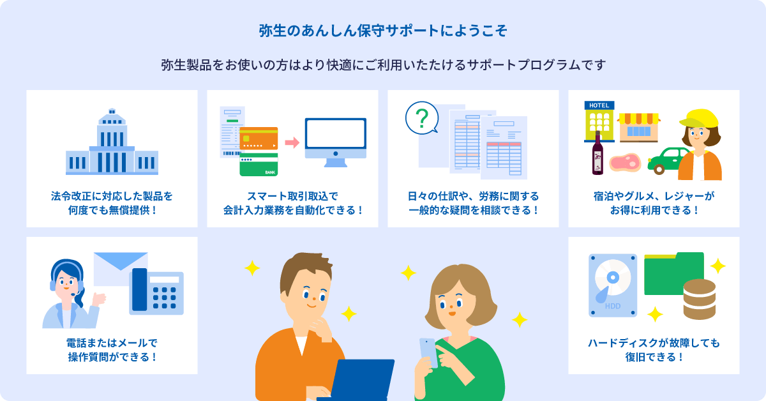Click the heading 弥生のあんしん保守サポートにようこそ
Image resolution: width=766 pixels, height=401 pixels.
point(383,31)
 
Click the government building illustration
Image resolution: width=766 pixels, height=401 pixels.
point(112,143)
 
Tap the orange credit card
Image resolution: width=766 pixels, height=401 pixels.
point(259,138)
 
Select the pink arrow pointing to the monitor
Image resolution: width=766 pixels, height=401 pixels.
point(292,142)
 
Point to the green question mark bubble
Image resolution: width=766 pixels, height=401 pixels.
point(422,118)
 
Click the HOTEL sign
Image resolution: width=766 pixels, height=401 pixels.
point(599,105)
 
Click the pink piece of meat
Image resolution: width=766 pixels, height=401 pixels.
point(623,162)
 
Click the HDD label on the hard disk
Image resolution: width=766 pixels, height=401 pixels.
point(612,306)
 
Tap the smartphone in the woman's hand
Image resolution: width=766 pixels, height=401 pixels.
point(427,352)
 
